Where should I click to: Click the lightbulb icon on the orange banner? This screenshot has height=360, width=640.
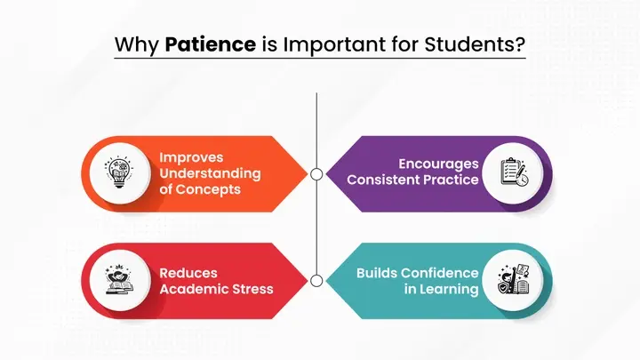pos(118,172)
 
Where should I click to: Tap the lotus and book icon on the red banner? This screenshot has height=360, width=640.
pos(118,280)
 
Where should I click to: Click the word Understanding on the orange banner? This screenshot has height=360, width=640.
pos(210,172)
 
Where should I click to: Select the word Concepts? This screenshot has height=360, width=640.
pos(220,188)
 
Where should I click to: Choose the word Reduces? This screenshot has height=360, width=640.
pos(188,273)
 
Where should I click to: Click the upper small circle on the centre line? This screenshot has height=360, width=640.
pos(316,172)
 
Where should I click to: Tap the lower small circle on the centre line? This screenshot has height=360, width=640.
pos(316,280)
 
